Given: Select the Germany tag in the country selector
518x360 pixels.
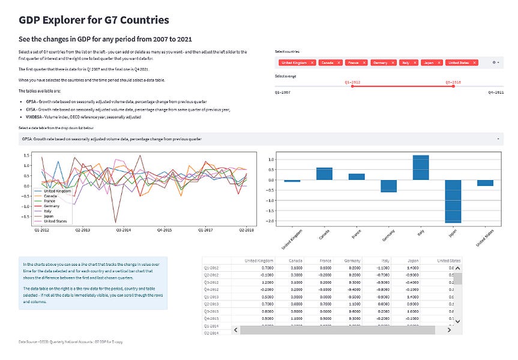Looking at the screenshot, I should click(x=379, y=62).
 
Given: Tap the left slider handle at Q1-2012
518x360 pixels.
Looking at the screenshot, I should click(x=352, y=86).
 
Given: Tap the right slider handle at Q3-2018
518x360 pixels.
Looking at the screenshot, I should click(x=453, y=86).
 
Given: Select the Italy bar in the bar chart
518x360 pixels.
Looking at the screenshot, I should click(x=421, y=167).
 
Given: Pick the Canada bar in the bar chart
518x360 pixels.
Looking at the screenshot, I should click(x=324, y=173).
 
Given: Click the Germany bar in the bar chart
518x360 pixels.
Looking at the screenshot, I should click(x=388, y=186).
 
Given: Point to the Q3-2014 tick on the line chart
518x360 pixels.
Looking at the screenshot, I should click(x=124, y=229).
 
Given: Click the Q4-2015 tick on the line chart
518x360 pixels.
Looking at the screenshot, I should click(x=164, y=229).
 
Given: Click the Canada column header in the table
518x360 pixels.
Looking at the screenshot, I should click(x=295, y=261).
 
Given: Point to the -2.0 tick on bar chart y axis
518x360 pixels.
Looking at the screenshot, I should click(x=270, y=221).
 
